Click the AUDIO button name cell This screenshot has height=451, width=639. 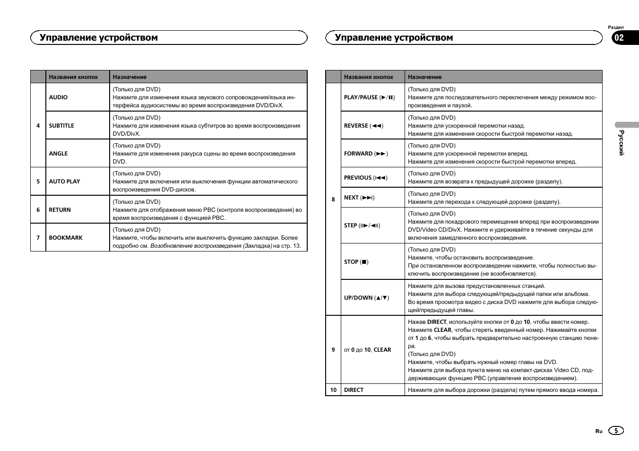tap(58, 97)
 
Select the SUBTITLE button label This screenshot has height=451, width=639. tap(61, 126)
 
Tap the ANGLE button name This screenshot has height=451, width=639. tap(58, 154)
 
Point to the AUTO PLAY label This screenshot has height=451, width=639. tap(64, 182)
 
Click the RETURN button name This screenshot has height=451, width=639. tap(60, 210)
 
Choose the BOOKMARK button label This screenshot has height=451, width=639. tap(66, 238)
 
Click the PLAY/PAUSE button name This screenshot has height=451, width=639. tap(369, 97)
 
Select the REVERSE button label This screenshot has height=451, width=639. tap(363, 126)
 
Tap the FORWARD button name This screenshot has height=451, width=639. tap(366, 154)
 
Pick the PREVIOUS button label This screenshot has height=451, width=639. tap(365, 178)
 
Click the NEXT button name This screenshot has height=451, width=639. tap(359, 198)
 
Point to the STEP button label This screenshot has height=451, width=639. tap(362, 225)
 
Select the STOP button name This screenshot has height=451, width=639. tap(356, 262)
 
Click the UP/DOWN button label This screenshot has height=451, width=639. tap(366, 298)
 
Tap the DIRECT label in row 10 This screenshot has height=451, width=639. tap(354, 390)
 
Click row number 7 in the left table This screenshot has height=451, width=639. tap(38, 238)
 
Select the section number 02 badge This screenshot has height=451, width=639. tap(619, 38)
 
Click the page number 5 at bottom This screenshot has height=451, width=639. tap(616, 431)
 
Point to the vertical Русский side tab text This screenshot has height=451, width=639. tap(622, 143)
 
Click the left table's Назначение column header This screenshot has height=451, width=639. tap(130, 77)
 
